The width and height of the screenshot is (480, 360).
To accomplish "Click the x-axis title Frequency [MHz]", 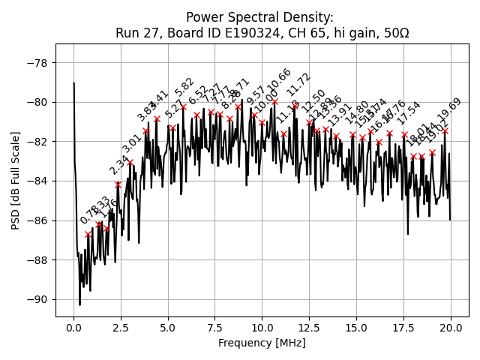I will (x=262, y=343).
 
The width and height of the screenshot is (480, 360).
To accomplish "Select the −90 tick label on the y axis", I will (x=37, y=299).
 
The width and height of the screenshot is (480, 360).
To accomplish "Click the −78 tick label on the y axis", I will (x=37, y=62).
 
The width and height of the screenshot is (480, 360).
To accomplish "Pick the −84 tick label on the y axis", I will (x=37, y=181).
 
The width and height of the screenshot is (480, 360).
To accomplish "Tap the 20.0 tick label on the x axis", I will (x=450, y=328).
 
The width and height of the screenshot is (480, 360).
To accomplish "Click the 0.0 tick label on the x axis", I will (x=73, y=328).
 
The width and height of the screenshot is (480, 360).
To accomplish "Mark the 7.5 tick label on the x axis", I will (x=214, y=328).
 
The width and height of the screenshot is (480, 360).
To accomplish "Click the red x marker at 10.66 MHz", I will (x=274, y=101).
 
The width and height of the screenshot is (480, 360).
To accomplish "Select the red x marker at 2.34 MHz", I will (x=118, y=184).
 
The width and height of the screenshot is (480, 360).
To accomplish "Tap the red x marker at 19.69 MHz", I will (x=445, y=130).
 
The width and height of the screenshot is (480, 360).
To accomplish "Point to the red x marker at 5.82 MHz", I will (x=183, y=107).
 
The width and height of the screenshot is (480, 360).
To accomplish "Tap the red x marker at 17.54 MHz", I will (x=404, y=135).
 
